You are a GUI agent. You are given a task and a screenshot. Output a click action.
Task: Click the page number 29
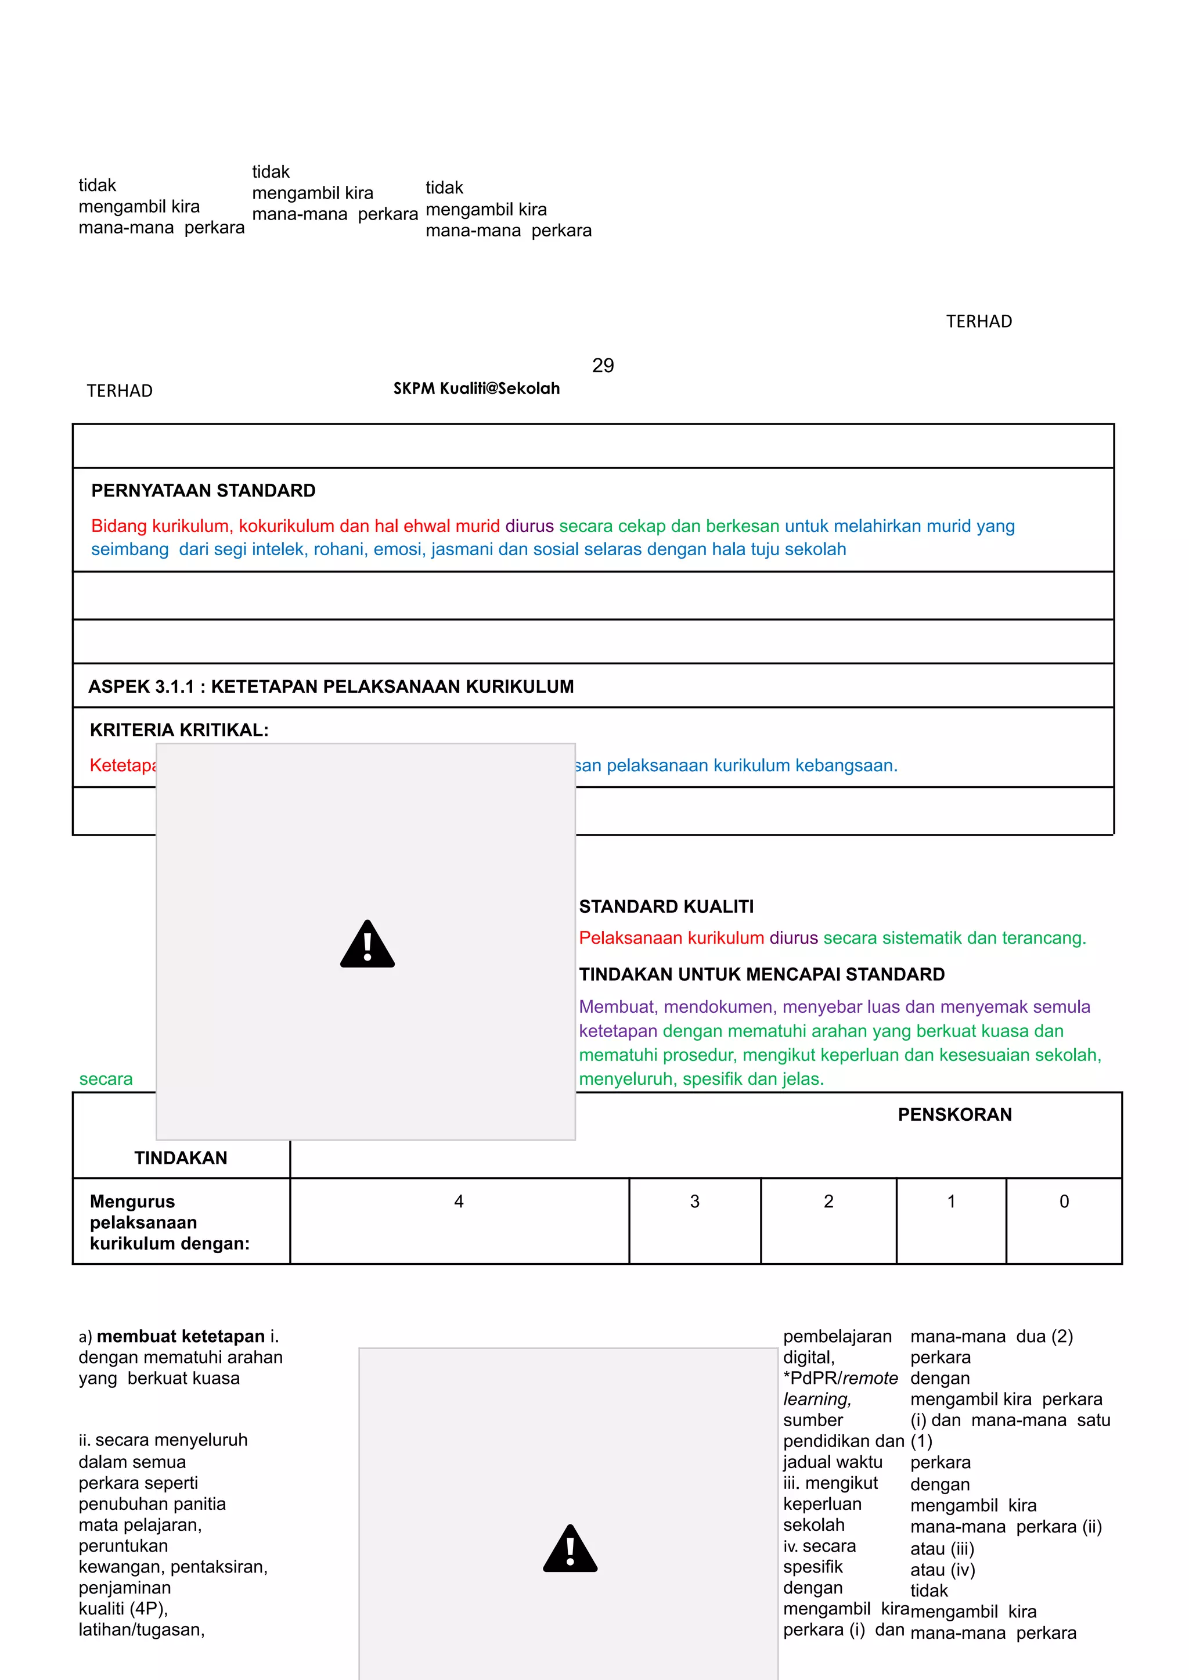click(603, 365)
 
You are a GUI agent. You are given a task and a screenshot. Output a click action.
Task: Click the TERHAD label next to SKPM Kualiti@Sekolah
click(120, 391)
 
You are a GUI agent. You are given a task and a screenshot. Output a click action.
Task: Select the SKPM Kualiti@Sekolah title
click(477, 388)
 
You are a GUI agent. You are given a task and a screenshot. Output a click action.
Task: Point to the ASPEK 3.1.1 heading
click(331, 686)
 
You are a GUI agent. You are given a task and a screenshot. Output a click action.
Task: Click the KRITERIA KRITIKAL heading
click(179, 729)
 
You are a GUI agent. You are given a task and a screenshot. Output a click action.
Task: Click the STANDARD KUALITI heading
click(666, 906)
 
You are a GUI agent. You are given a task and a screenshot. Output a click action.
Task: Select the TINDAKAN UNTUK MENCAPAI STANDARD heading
click(762, 974)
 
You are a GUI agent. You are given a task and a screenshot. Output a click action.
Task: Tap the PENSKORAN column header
click(954, 1114)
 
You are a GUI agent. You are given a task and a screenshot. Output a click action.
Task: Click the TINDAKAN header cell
click(181, 1158)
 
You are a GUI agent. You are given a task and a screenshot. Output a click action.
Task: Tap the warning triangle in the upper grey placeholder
click(367, 945)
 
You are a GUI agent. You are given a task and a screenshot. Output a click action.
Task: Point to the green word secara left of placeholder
click(106, 1079)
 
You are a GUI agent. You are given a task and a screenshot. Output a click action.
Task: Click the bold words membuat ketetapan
click(181, 1337)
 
